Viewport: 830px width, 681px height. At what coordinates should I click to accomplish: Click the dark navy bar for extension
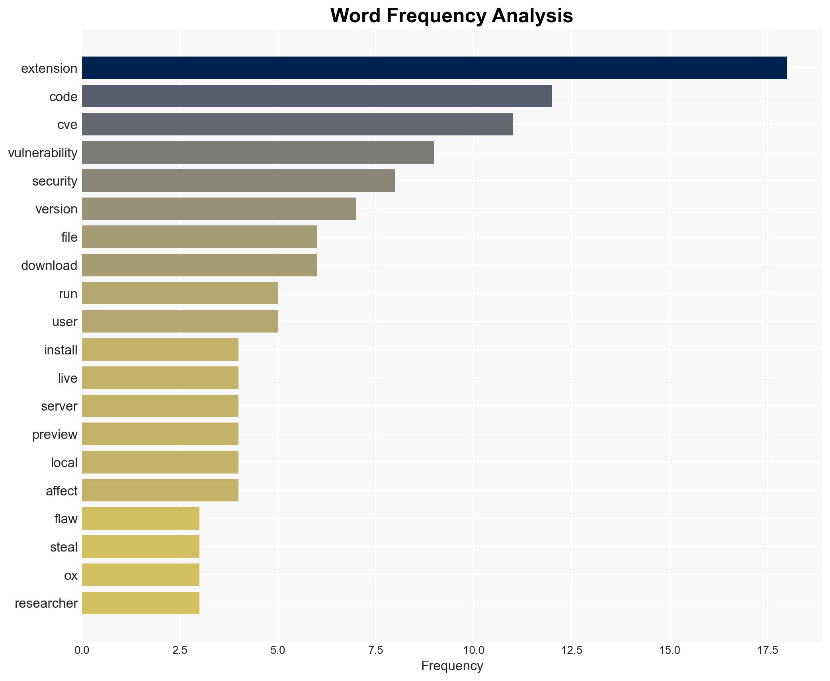pos(434,68)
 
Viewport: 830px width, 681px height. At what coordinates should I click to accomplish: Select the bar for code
pos(317,96)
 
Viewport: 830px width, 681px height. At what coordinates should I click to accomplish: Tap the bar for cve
pos(297,124)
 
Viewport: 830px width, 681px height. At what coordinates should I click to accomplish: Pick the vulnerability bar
pos(258,153)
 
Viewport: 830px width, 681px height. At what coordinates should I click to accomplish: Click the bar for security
pos(238,181)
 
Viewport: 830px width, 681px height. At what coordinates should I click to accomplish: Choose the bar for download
pos(199,265)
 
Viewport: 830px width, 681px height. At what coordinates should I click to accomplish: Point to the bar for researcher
pos(141,603)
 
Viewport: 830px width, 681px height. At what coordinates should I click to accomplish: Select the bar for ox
pos(141,575)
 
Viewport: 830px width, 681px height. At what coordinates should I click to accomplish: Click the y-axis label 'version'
pos(57,209)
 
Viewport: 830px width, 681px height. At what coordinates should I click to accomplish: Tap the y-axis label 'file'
pos(69,237)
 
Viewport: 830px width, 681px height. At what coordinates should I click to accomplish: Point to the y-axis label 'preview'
pos(55,434)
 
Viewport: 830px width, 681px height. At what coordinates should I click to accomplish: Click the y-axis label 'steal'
pos(64,547)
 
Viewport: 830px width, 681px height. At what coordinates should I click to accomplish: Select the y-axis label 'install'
pos(61,350)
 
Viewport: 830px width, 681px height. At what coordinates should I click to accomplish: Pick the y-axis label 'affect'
pos(62,491)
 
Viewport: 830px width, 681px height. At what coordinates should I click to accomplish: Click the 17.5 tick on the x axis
pos(767,651)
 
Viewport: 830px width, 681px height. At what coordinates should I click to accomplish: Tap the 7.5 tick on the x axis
pos(375,651)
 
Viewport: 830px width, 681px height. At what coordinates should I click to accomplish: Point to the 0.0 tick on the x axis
pos(82,651)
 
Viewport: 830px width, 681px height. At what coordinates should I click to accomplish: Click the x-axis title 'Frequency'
pos(452,666)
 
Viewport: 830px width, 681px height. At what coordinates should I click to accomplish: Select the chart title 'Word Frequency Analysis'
pos(451,16)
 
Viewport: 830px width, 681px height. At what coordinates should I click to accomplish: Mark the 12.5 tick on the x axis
pos(571,651)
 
